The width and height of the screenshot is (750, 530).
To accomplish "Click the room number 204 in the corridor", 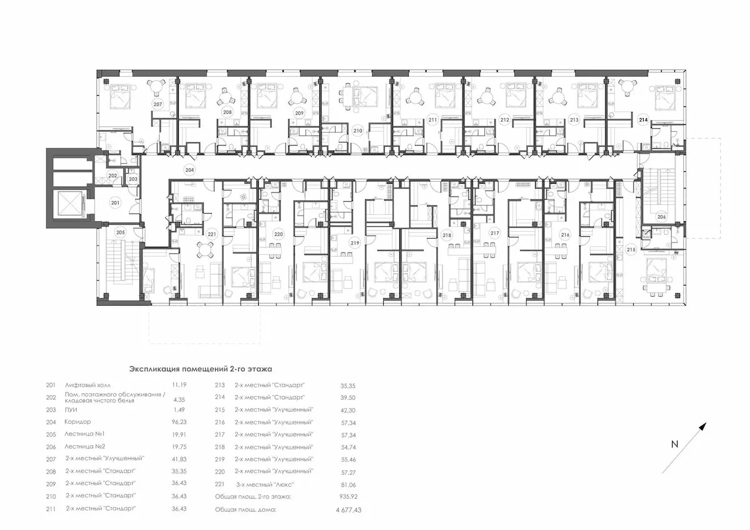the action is pyautogui.click(x=189, y=170).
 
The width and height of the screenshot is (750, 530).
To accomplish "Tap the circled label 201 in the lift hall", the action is pyautogui.click(x=115, y=203).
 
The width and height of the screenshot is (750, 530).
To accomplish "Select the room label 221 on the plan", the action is pyautogui.click(x=212, y=234).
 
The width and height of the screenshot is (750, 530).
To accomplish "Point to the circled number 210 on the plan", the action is pyautogui.click(x=357, y=131).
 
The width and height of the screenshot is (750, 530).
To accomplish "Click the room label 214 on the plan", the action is pyautogui.click(x=643, y=120).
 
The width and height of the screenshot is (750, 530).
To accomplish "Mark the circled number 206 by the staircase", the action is pyautogui.click(x=661, y=217).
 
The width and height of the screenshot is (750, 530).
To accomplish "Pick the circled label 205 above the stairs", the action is pyautogui.click(x=120, y=232).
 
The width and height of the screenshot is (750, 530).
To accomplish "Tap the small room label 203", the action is pyautogui.click(x=133, y=179).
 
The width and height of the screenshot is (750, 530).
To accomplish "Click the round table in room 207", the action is pyautogui.click(x=156, y=87).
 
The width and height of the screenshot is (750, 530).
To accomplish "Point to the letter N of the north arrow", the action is pyautogui.click(x=674, y=444).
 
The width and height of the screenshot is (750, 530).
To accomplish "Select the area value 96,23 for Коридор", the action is pyautogui.click(x=179, y=422).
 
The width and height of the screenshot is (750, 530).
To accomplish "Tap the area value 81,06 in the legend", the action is pyautogui.click(x=349, y=485).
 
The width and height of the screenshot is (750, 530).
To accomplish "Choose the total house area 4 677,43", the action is pyautogui.click(x=349, y=510).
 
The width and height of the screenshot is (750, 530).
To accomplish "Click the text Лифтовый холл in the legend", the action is pyautogui.click(x=87, y=386).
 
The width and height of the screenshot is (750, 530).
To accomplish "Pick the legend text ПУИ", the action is pyautogui.click(x=71, y=410).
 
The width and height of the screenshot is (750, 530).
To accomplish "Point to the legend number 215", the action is pyautogui.click(x=219, y=410).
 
